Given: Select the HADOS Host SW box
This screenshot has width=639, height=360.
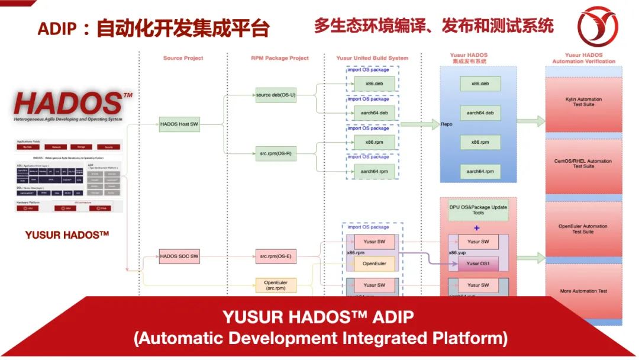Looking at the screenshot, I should click(179, 124).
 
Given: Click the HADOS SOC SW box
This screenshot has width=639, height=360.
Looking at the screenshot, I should click(179, 256).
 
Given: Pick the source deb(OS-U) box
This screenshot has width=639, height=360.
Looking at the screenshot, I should click(275, 95).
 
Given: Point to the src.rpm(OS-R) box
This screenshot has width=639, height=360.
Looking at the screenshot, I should click(275, 154).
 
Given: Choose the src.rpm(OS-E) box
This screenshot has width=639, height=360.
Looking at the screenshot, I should click(275, 256).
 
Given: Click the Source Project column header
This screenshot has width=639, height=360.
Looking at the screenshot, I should click(183, 58).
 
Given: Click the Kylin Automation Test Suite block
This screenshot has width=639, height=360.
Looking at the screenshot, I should click(583, 102).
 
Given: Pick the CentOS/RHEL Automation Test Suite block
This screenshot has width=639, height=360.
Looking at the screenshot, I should click(583, 163).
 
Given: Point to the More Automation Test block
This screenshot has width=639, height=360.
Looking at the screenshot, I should click(583, 291).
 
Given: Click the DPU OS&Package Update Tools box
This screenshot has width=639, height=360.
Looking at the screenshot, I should click(478, 210).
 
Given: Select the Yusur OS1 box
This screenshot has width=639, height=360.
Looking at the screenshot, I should click(478, 263).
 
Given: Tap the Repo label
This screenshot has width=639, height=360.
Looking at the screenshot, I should click(447, 125).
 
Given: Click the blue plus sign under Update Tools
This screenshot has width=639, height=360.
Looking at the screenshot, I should click(477, 227).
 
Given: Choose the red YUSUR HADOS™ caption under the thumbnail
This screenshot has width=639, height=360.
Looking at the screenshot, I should click(67, 235).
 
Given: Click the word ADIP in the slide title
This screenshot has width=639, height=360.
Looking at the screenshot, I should click(58, 28).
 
